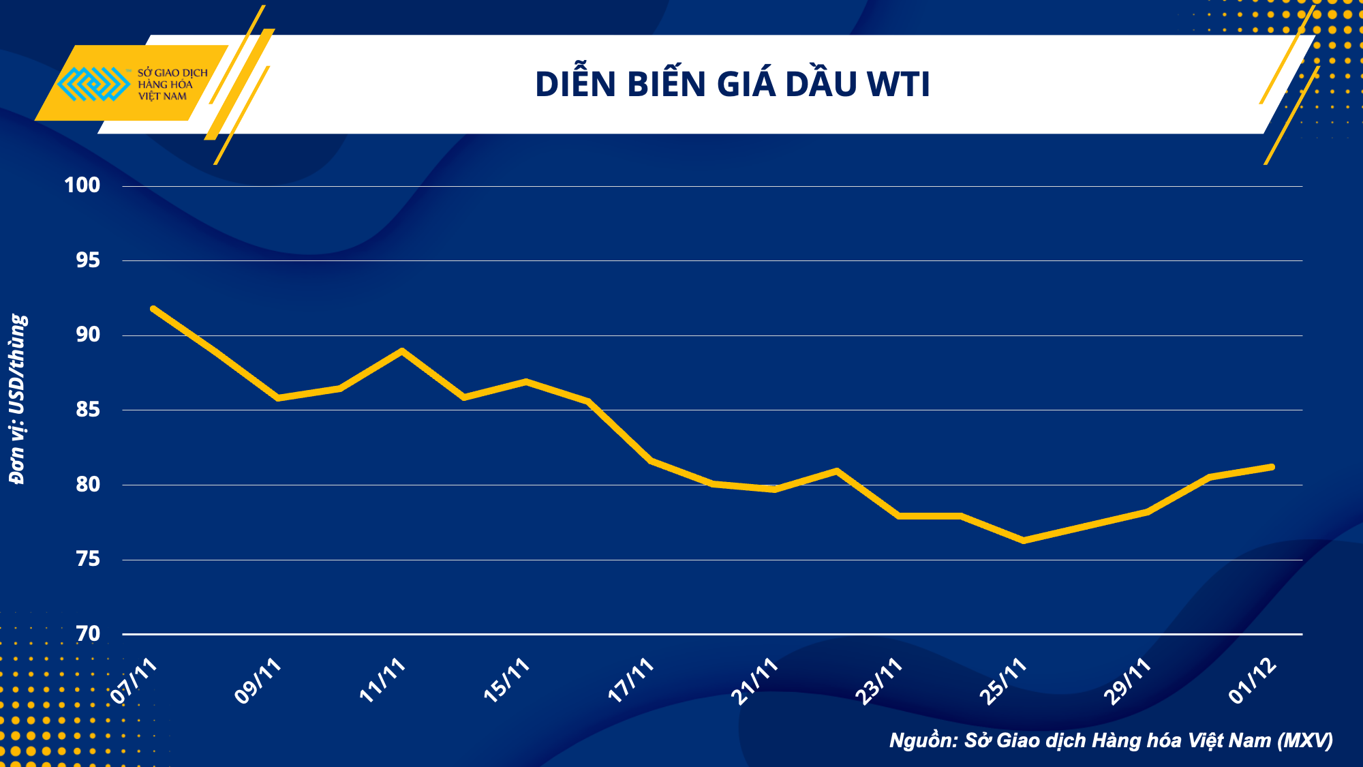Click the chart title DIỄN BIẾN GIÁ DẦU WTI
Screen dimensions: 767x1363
click(x=732, y=85)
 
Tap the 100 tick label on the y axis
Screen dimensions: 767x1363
click(x=82, y=185)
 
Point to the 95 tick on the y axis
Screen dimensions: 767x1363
click(x=88, y=260)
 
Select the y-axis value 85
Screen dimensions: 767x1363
click(x=88, y=409)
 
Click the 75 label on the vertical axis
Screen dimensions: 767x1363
click(x=88, y=559)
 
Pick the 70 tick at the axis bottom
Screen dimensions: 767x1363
click(x=88, y=634)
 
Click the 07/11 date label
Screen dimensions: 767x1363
click(x=135, y=681)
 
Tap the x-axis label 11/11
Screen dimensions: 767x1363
click(x=383, y=681)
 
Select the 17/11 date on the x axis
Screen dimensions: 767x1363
click(x=632, y=681)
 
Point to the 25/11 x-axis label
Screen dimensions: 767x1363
click(x=1004, y=681)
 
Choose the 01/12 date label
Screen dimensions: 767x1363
click(x=1253, y=681)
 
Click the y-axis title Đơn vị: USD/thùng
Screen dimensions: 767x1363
click(x=18, y=399)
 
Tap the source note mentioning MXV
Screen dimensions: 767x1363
click(x=1111, y=740)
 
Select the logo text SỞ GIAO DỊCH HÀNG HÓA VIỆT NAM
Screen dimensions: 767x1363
click(x=172, y=84)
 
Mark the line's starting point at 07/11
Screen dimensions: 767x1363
click(x=153, y=309)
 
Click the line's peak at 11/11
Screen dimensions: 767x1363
click(x=402, y=351)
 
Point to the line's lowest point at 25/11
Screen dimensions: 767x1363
click(x=1024, y=541)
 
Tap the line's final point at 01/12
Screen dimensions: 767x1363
click(x=1272, y=467)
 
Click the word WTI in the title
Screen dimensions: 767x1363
click(x=898, y=85)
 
